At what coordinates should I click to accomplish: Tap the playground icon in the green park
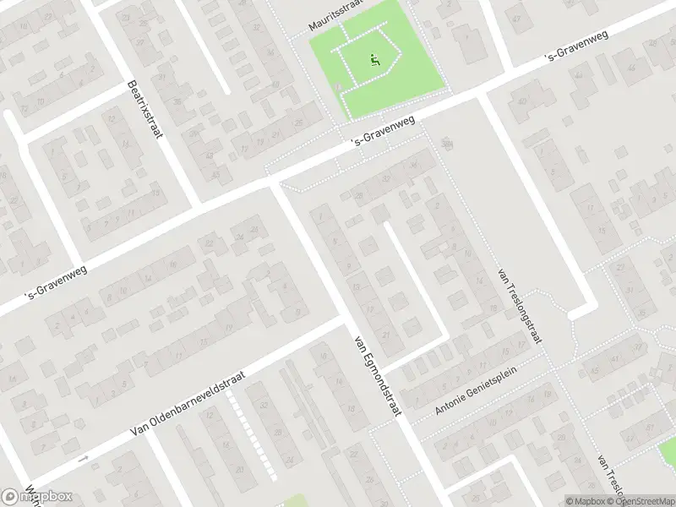(374, 59)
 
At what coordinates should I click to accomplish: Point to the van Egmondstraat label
(375, 375)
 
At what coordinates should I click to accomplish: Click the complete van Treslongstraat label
(520, 306)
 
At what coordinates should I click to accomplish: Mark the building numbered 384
(447, 143)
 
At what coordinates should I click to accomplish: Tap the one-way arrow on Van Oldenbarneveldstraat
(82, 459)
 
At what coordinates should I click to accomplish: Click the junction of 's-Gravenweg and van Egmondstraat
(274, 181)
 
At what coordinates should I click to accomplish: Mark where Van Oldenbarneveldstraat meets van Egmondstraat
(345, 322)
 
